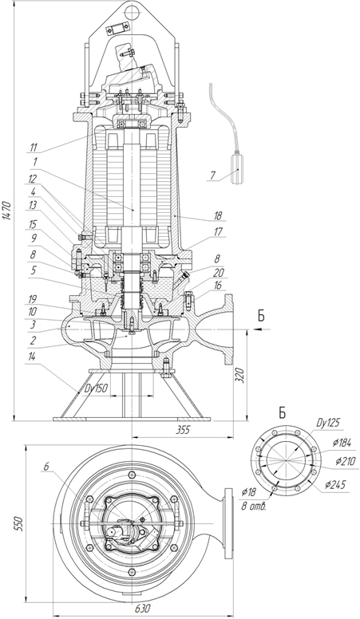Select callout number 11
point(34,148)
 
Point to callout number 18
point(217,216)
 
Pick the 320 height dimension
point(240,375)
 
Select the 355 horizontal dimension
point(182,430)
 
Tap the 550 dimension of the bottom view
point(20,523)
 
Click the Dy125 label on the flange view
point(328,423)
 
